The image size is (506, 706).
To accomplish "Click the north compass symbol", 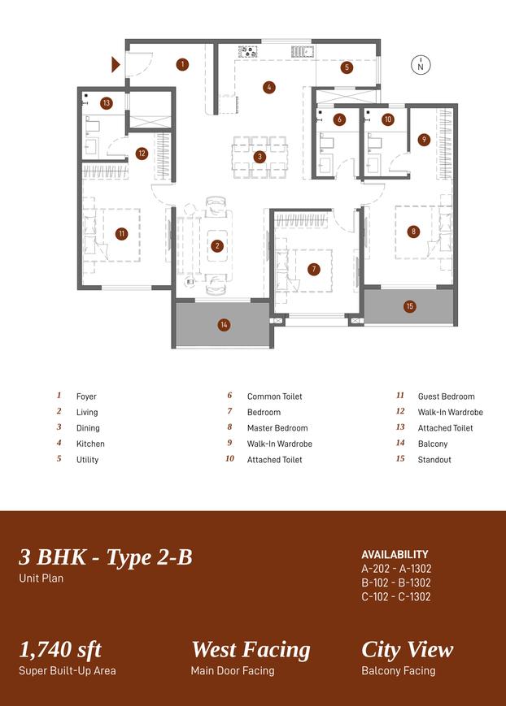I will (x=421, y=66).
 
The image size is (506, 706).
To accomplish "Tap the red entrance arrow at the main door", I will (x=116, y=64).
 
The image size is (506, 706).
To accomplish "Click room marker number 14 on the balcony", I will (x=224, y=325).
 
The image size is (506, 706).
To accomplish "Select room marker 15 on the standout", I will (x=409, y=306).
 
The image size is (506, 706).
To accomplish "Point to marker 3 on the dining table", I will (x=260, y=157).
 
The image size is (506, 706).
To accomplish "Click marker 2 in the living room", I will (x=217, y=245).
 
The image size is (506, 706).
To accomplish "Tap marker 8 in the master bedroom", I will (x=413, y=232).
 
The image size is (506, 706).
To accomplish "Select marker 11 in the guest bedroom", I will (x=121, y=234).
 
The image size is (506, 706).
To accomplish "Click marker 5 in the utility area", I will (x=347, y=67).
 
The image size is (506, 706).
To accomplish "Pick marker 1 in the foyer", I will (x=182, y=64).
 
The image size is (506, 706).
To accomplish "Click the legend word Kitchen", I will (x=90, y=444).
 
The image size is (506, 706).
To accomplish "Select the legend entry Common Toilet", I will (x=274, y=396).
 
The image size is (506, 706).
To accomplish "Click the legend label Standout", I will (x=434, y=460).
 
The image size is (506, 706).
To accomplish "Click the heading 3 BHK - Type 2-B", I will (x=106, y=557).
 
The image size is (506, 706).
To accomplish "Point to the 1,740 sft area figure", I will (x=60, y=650).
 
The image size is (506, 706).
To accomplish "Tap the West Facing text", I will (x=251, y=650).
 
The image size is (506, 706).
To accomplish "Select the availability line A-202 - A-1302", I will (x=396, y=569).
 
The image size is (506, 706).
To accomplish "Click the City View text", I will (x=407, y=650).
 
